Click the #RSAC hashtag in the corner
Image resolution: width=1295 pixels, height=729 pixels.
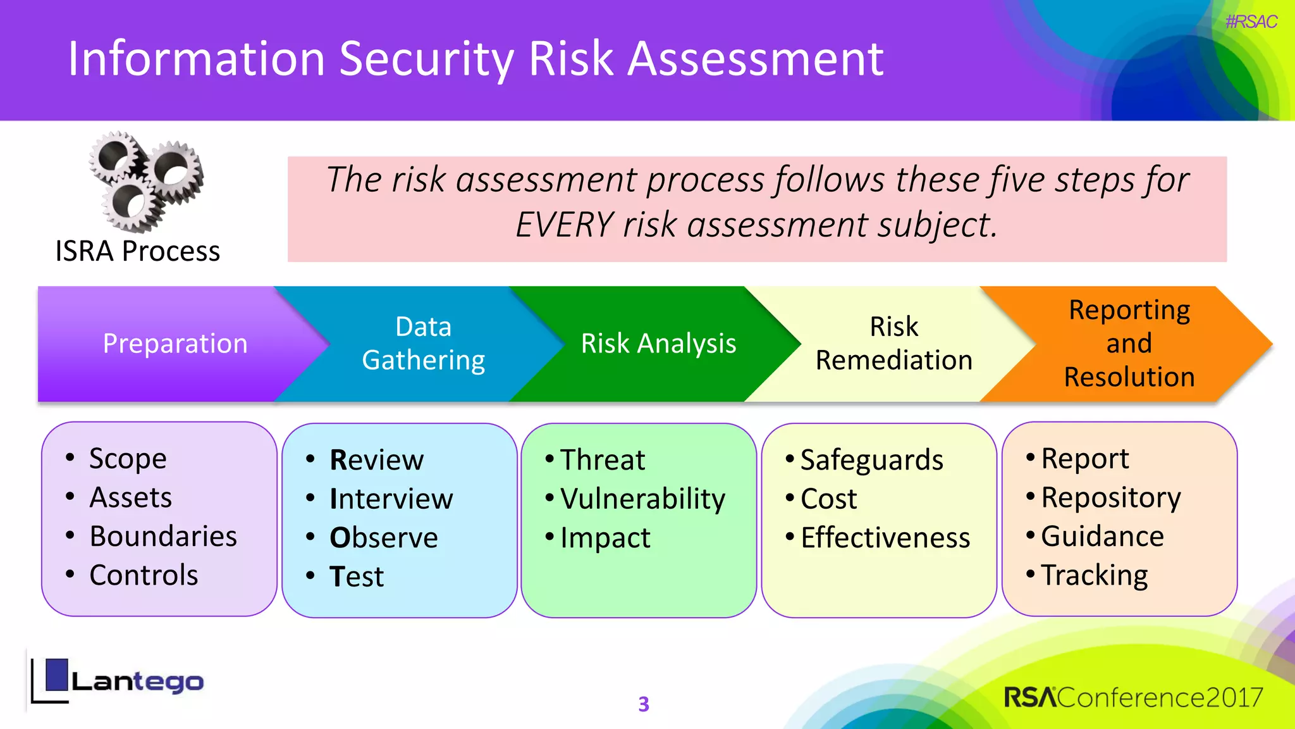[1251, 22]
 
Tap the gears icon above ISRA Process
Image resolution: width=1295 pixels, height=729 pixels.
[146, 182]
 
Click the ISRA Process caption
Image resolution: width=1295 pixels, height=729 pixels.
[137, 251]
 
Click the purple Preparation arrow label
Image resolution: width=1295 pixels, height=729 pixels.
[175, 344]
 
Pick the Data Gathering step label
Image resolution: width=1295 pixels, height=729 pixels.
[423, 344]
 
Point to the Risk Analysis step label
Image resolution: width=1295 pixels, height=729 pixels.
[658, 344]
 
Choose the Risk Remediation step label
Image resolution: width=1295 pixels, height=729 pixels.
[893, 344]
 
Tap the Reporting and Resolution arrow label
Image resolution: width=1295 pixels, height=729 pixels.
[1129, 344]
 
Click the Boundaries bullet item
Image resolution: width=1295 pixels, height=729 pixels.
[163, 536]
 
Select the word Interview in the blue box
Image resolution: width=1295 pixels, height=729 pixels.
[391, 499]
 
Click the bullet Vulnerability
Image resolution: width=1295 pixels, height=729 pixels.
[642, 499]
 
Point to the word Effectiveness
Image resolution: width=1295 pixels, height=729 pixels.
[885, 538]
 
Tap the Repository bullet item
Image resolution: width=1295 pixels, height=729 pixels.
[1110, 497]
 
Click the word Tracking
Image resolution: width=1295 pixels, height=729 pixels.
[1094, 575]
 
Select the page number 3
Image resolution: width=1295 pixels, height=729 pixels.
[644, 704]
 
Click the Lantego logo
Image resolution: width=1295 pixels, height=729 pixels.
[118, 682]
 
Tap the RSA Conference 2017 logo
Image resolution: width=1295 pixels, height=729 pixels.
[1133, 697]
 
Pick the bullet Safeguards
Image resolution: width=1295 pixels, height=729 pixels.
[871, 460]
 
